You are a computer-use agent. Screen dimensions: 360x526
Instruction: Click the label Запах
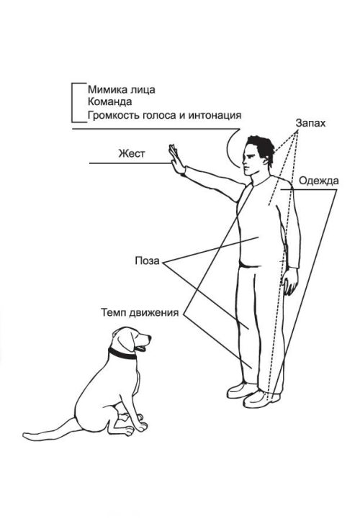(310, 124)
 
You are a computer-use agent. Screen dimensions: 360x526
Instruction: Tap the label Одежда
(318, 181)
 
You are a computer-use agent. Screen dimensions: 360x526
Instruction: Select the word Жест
(132, 154)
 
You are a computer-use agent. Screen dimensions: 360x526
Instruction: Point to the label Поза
(147, 260)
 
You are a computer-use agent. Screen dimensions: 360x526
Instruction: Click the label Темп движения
(140, 312)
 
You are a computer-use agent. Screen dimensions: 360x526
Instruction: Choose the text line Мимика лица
(122, 90)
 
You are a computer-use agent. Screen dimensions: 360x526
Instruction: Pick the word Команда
(109, 101)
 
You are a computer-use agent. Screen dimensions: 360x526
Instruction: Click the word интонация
(215, 115)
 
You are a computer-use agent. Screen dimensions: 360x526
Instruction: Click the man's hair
(261, 147)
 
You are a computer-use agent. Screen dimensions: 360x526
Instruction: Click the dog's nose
(149, 336)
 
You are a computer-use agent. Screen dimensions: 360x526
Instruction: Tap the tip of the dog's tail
(24, 436)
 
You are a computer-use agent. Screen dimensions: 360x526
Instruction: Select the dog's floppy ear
(125, 339)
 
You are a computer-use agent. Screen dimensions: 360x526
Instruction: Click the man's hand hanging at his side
(289, 281)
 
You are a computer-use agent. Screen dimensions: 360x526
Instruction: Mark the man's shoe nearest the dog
(241, 391)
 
